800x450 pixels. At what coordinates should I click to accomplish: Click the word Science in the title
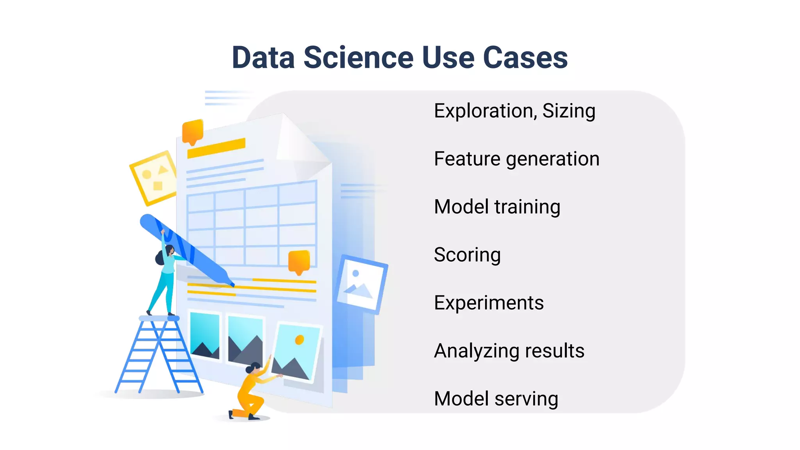click(358, 58)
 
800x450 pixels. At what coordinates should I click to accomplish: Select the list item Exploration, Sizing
click(514, 111)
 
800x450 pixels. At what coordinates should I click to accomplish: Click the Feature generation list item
click(516, 159)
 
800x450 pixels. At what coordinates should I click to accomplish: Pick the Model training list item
click(497, 207)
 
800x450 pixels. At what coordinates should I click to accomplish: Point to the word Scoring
click(467, 255)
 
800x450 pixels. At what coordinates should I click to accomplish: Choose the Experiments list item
click(489, 303)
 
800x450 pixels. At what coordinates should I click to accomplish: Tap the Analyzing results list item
click(509, 351)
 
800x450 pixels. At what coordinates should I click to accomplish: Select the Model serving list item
click(496, 399)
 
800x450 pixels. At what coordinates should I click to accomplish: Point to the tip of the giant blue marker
click(232, 285)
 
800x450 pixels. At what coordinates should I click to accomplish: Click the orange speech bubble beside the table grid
click(299, 261)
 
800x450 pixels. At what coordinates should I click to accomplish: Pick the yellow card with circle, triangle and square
click(154, 178)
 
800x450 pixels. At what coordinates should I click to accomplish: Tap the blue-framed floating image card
click(361, 284)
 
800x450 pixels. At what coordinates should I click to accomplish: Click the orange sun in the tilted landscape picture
click(300, 340)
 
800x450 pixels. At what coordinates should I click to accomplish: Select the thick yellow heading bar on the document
click(216, 148)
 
